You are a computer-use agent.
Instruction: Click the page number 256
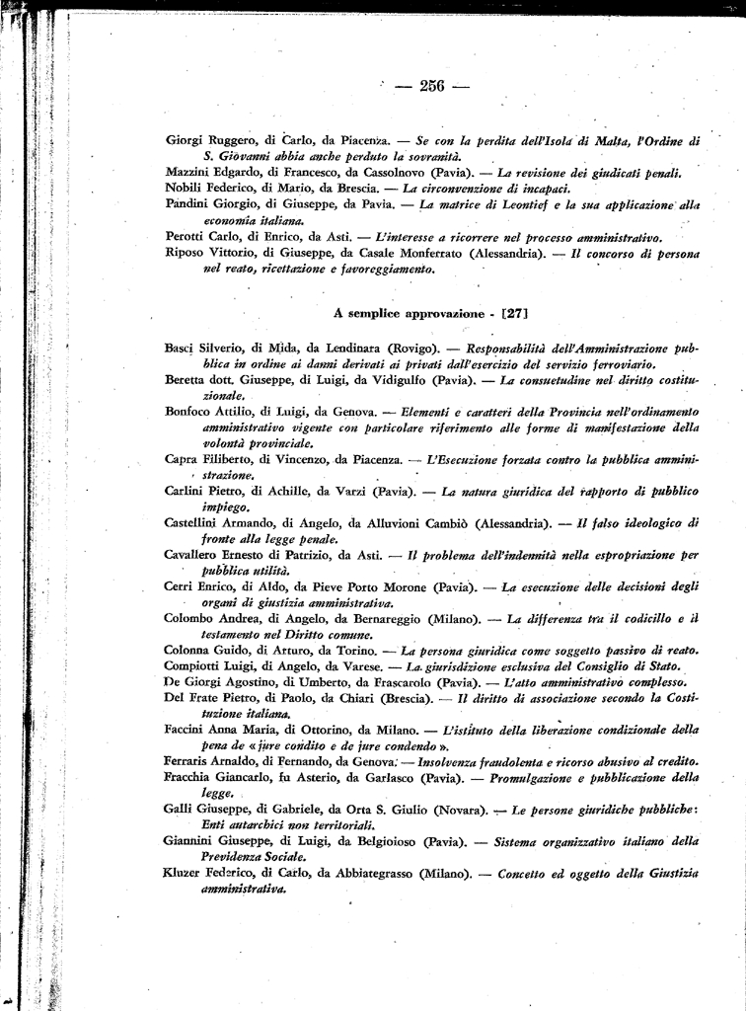pos(432,86)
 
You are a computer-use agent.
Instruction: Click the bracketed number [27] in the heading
pos(515,313)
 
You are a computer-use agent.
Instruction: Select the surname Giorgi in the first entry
pos(186,140)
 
